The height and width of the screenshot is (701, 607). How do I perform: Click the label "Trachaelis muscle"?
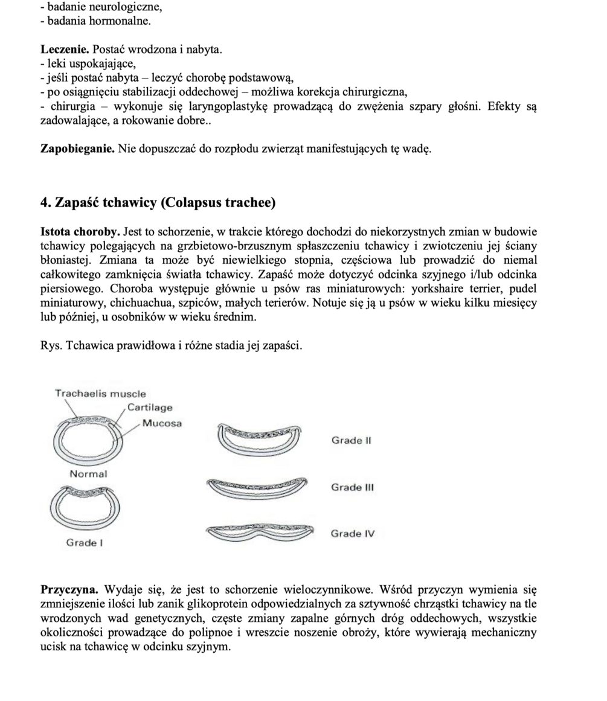coord(100,394)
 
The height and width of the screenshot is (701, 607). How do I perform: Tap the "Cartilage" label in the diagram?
coord(150,408)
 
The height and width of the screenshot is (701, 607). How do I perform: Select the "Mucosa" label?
coord(162,423)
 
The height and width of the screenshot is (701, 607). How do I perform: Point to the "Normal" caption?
coord(88,474)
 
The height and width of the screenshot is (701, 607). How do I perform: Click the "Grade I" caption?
coord(85,543)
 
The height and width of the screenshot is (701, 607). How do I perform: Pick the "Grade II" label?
coord(351,440)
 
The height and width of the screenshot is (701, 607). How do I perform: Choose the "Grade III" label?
coord(353,487)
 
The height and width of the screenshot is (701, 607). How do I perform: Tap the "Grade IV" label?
coord(353,534)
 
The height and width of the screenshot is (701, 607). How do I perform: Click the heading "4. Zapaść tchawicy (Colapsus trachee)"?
coord(158,202)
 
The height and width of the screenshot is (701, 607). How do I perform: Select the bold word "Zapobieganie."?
coord(77,149)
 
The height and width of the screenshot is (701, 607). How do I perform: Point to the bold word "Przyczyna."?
coord(69,589)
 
